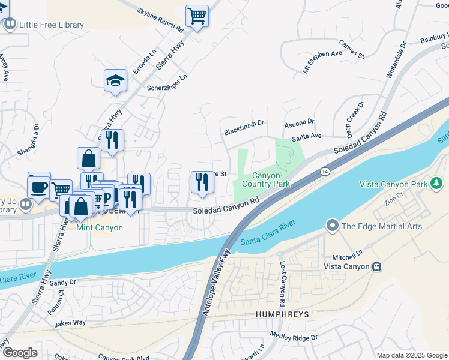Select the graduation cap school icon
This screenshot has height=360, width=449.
(x=115, y=81)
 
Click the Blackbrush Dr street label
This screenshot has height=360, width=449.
(x=244, y=127)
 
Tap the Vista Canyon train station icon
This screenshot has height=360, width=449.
(x=376, y=266)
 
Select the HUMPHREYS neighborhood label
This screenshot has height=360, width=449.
(x=282, y=314)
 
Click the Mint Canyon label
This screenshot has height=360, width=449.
(x=99, y=227)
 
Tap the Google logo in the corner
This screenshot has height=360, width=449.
(x=20, y=353)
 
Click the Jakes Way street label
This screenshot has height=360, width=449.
(x=71, y=323)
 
